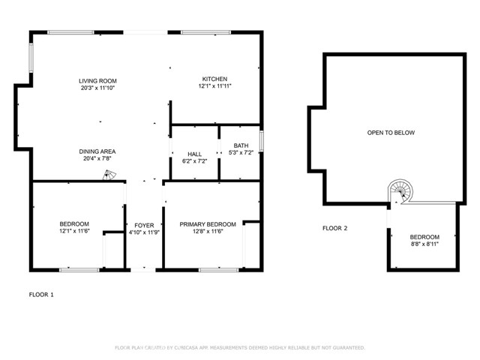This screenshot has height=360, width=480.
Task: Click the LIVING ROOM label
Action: point(97,80)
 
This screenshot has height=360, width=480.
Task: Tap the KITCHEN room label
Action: point(214,79)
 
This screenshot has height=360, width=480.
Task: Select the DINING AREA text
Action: point(97,151)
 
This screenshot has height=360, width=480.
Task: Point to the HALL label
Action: point(194,154)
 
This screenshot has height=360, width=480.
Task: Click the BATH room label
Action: point(241,145)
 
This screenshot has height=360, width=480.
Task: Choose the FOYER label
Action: point(144,225)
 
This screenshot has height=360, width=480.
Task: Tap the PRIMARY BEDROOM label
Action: point(208,224)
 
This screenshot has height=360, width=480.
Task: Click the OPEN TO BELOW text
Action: point(390,133)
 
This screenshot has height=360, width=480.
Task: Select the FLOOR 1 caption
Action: point(41,295)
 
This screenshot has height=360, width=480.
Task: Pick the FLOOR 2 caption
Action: point(334,228)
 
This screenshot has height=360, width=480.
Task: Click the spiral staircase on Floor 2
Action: point(401,192)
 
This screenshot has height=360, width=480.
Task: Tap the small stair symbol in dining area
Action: point(109,175)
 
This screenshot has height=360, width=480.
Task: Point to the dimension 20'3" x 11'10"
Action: point(97,88)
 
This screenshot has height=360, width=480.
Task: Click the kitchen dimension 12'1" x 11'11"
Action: point(214,86)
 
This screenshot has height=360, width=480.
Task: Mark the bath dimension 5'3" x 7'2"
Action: point(241,153)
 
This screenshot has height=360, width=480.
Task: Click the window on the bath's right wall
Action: point(261,140)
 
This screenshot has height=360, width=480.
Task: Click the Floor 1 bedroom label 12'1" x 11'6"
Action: point(74,232)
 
